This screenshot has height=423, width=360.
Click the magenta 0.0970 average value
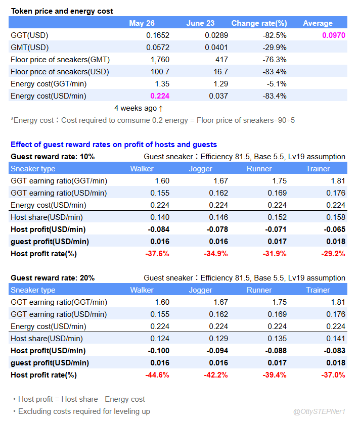click(333, 35)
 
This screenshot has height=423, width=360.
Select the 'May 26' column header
click(142, 23)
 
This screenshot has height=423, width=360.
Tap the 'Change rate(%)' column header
click(259, 23)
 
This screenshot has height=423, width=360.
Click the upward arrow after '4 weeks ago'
click(161, 108)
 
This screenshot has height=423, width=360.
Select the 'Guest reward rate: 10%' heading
click(53, 157)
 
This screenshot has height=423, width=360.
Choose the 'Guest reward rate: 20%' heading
click(53, 278)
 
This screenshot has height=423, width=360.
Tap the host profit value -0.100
click(158, 351)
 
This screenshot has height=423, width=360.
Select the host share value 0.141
click(336, 339)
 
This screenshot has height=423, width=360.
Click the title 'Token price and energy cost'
click(62, 11)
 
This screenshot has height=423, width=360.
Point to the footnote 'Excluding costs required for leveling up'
click(84, 411)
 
